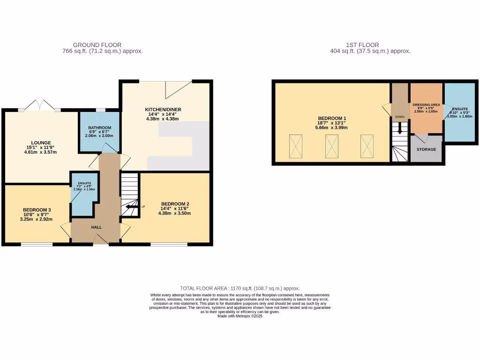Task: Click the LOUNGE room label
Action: coord(41,143)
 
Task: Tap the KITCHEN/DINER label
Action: coord(163,110)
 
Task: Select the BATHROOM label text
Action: coord(100,128)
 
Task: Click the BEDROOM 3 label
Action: coord(37,210)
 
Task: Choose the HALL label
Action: coord(97,227)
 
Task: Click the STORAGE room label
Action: coord(426,150)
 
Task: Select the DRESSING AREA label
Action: coord(426,105)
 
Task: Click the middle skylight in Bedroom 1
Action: coord(332,146)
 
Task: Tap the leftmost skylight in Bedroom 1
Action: coord(296,146)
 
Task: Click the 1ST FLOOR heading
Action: coord(370,45)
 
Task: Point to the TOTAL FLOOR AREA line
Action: coord(240,288)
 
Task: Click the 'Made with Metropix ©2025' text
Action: coord(240,316)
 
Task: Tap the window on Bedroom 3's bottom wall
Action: coord(37,244)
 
